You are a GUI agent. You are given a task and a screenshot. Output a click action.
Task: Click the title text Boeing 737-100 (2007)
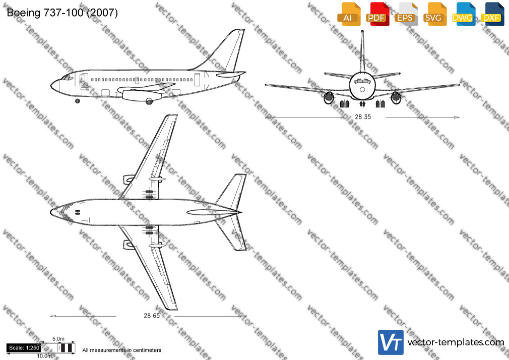pos(62,13)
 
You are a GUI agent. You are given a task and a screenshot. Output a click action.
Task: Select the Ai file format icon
pos(349,14)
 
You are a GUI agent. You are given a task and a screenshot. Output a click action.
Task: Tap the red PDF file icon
pos(377,14)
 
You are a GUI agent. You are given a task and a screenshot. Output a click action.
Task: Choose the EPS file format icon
pos(406,14)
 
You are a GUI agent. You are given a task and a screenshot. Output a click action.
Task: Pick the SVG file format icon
pos(434,14)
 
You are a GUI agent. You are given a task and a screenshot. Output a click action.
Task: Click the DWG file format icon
pos(463,14)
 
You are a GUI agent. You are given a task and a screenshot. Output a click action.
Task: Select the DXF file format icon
pos(492,14)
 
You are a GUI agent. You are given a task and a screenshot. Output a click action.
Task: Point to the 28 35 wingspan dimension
pos(362,117)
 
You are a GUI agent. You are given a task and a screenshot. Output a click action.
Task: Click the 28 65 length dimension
pos(152,316)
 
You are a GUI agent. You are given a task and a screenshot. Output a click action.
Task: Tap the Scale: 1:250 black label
pos(24,348)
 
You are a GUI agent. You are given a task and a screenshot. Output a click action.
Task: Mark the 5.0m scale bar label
pos(58,339)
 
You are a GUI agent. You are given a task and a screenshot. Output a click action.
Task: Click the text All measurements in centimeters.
pos(122,350)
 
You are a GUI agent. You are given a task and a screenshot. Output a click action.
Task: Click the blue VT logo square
pos(391,342)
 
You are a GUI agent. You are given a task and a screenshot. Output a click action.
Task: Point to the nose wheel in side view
pos(77,101)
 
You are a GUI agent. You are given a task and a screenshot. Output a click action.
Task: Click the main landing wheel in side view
pos(149,101)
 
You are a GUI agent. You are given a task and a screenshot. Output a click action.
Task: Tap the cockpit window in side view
pos(68,78)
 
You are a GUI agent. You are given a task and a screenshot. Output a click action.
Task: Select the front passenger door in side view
pos(84,80)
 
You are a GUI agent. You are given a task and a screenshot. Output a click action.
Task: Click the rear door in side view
pos(198,80)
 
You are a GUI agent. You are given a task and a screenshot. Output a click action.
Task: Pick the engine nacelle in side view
pos(142,95)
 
